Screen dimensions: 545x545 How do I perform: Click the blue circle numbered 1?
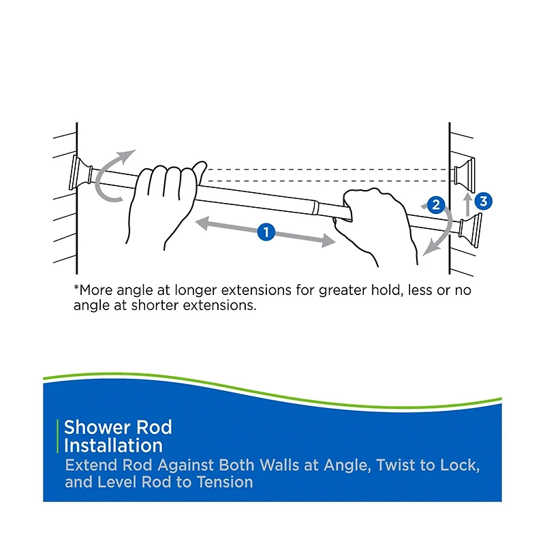click(x=266, y=232)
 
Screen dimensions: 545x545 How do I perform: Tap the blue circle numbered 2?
click(x=436, y=203)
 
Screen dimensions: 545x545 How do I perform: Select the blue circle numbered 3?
click(x=483, y=201)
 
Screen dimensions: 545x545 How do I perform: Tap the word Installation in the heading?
click(x=113, y=446)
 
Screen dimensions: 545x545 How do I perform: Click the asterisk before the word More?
click(x=76, y=288)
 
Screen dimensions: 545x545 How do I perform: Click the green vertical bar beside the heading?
click(x=58, y=437)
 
